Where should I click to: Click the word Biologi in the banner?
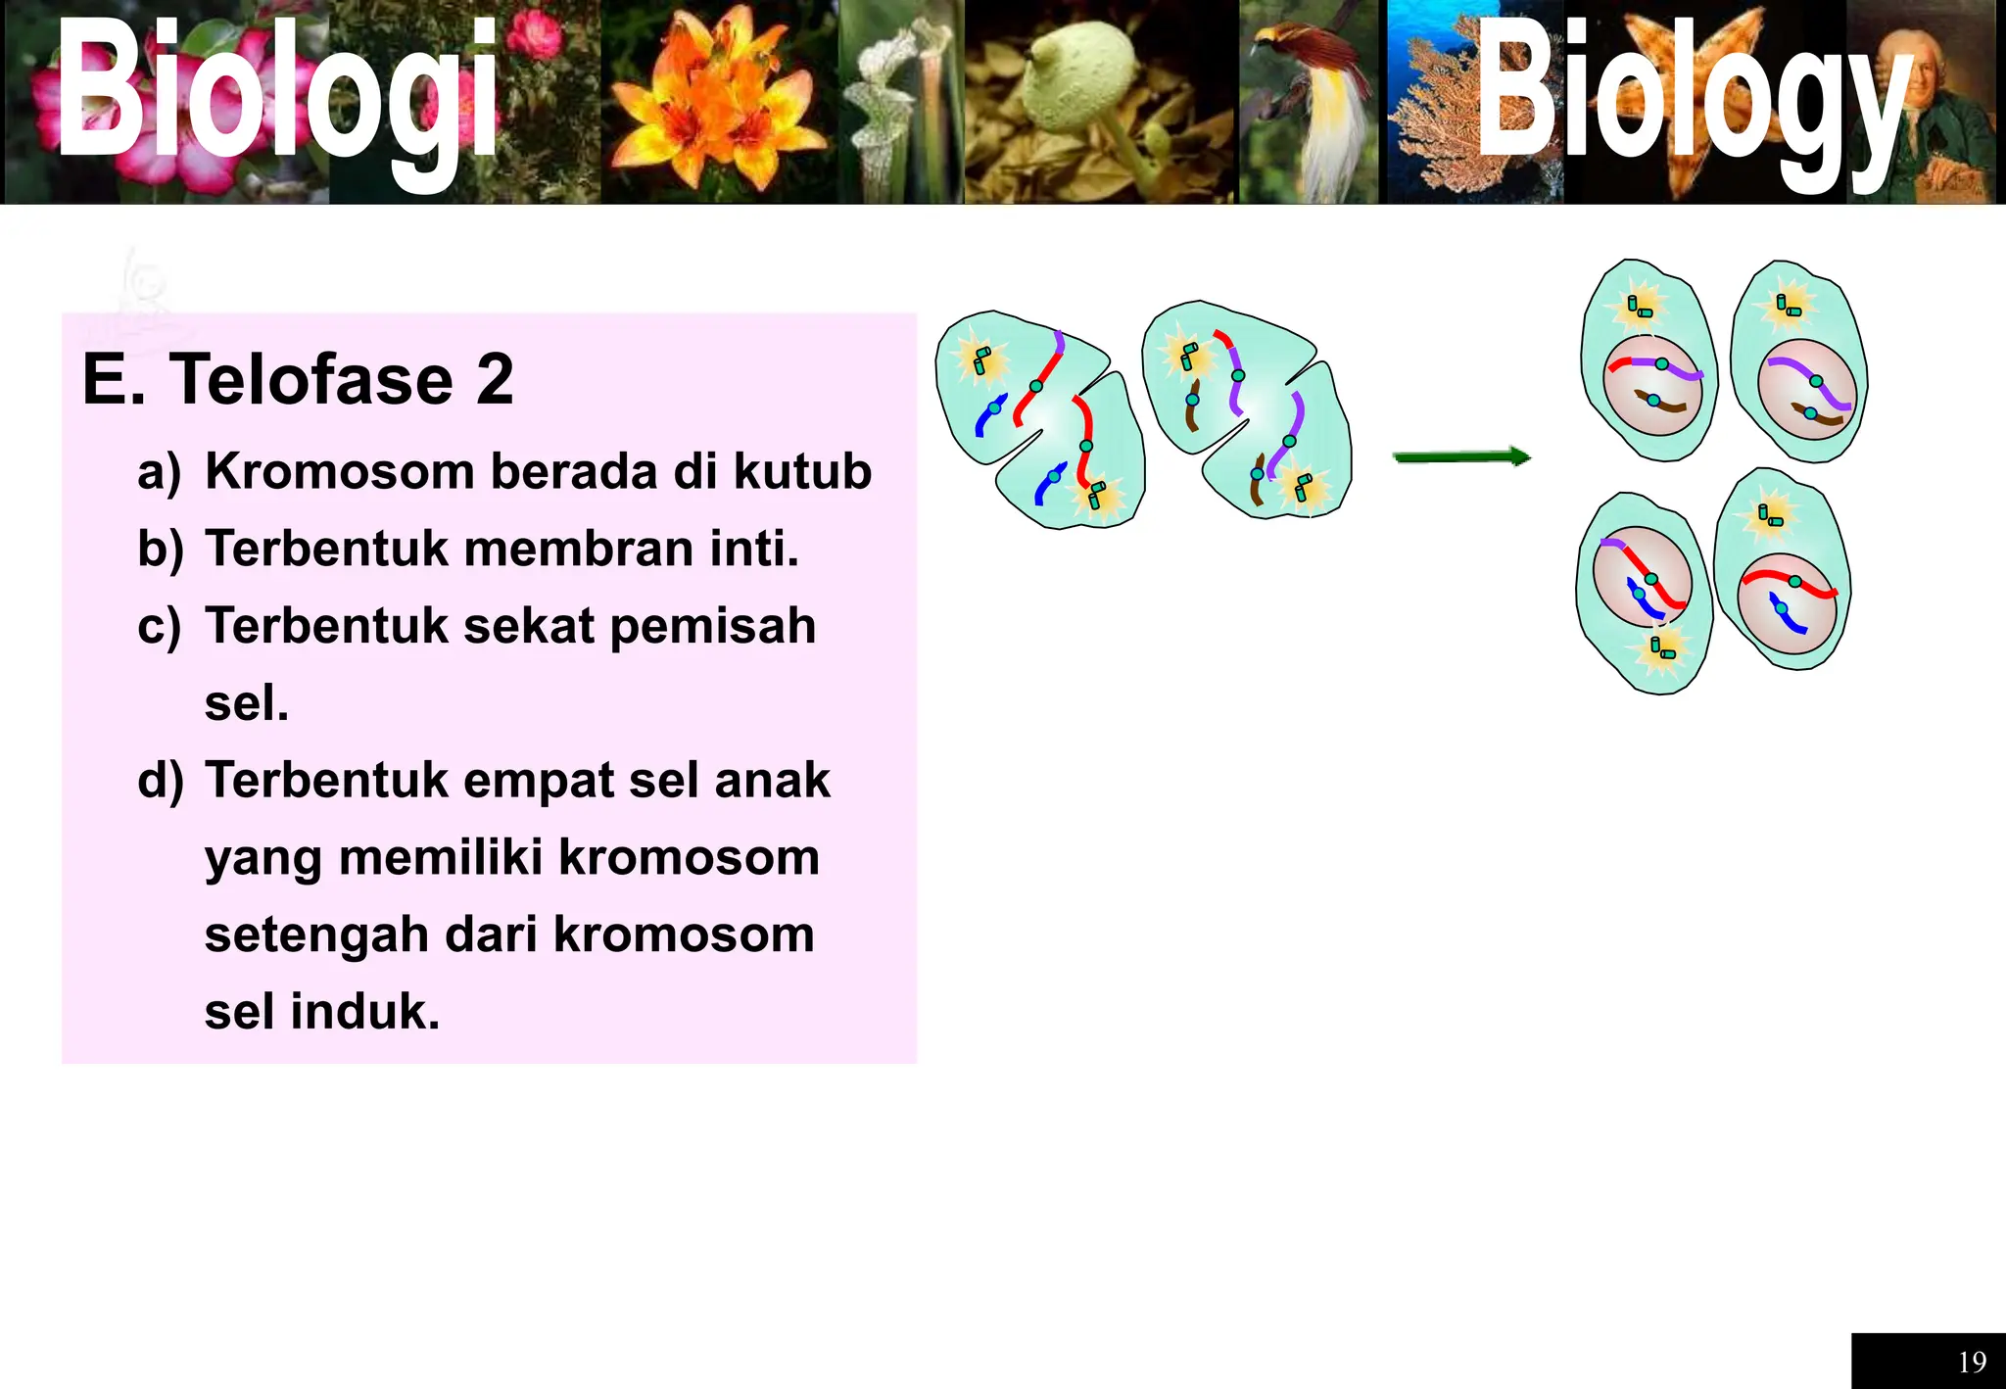tap(277, 93)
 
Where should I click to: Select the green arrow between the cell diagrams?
tap(1461, 457)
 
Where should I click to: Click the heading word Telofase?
tap(311, 380)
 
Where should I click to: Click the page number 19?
tap(1972, 1362)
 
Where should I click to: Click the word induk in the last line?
tap(364, 1012)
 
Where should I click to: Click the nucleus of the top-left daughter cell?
tap(1653, 386)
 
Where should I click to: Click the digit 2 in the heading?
tap(495, 380)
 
